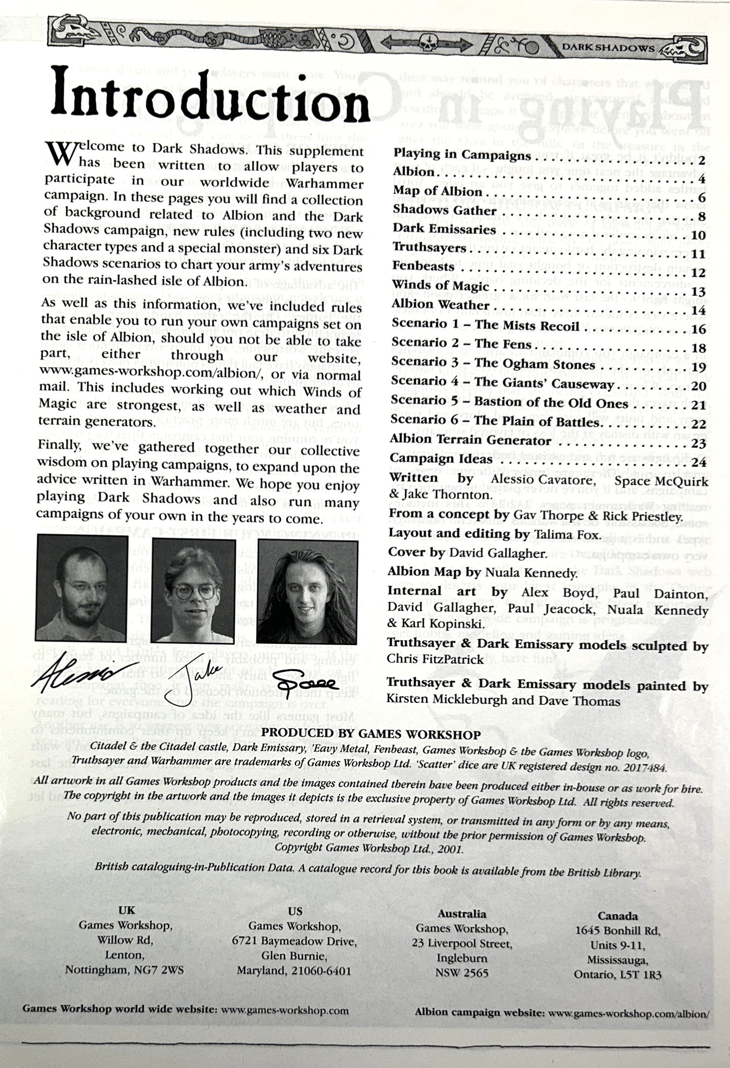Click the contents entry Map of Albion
point(437,191)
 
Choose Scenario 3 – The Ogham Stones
point(493,365)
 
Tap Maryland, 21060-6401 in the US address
point(294,971)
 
